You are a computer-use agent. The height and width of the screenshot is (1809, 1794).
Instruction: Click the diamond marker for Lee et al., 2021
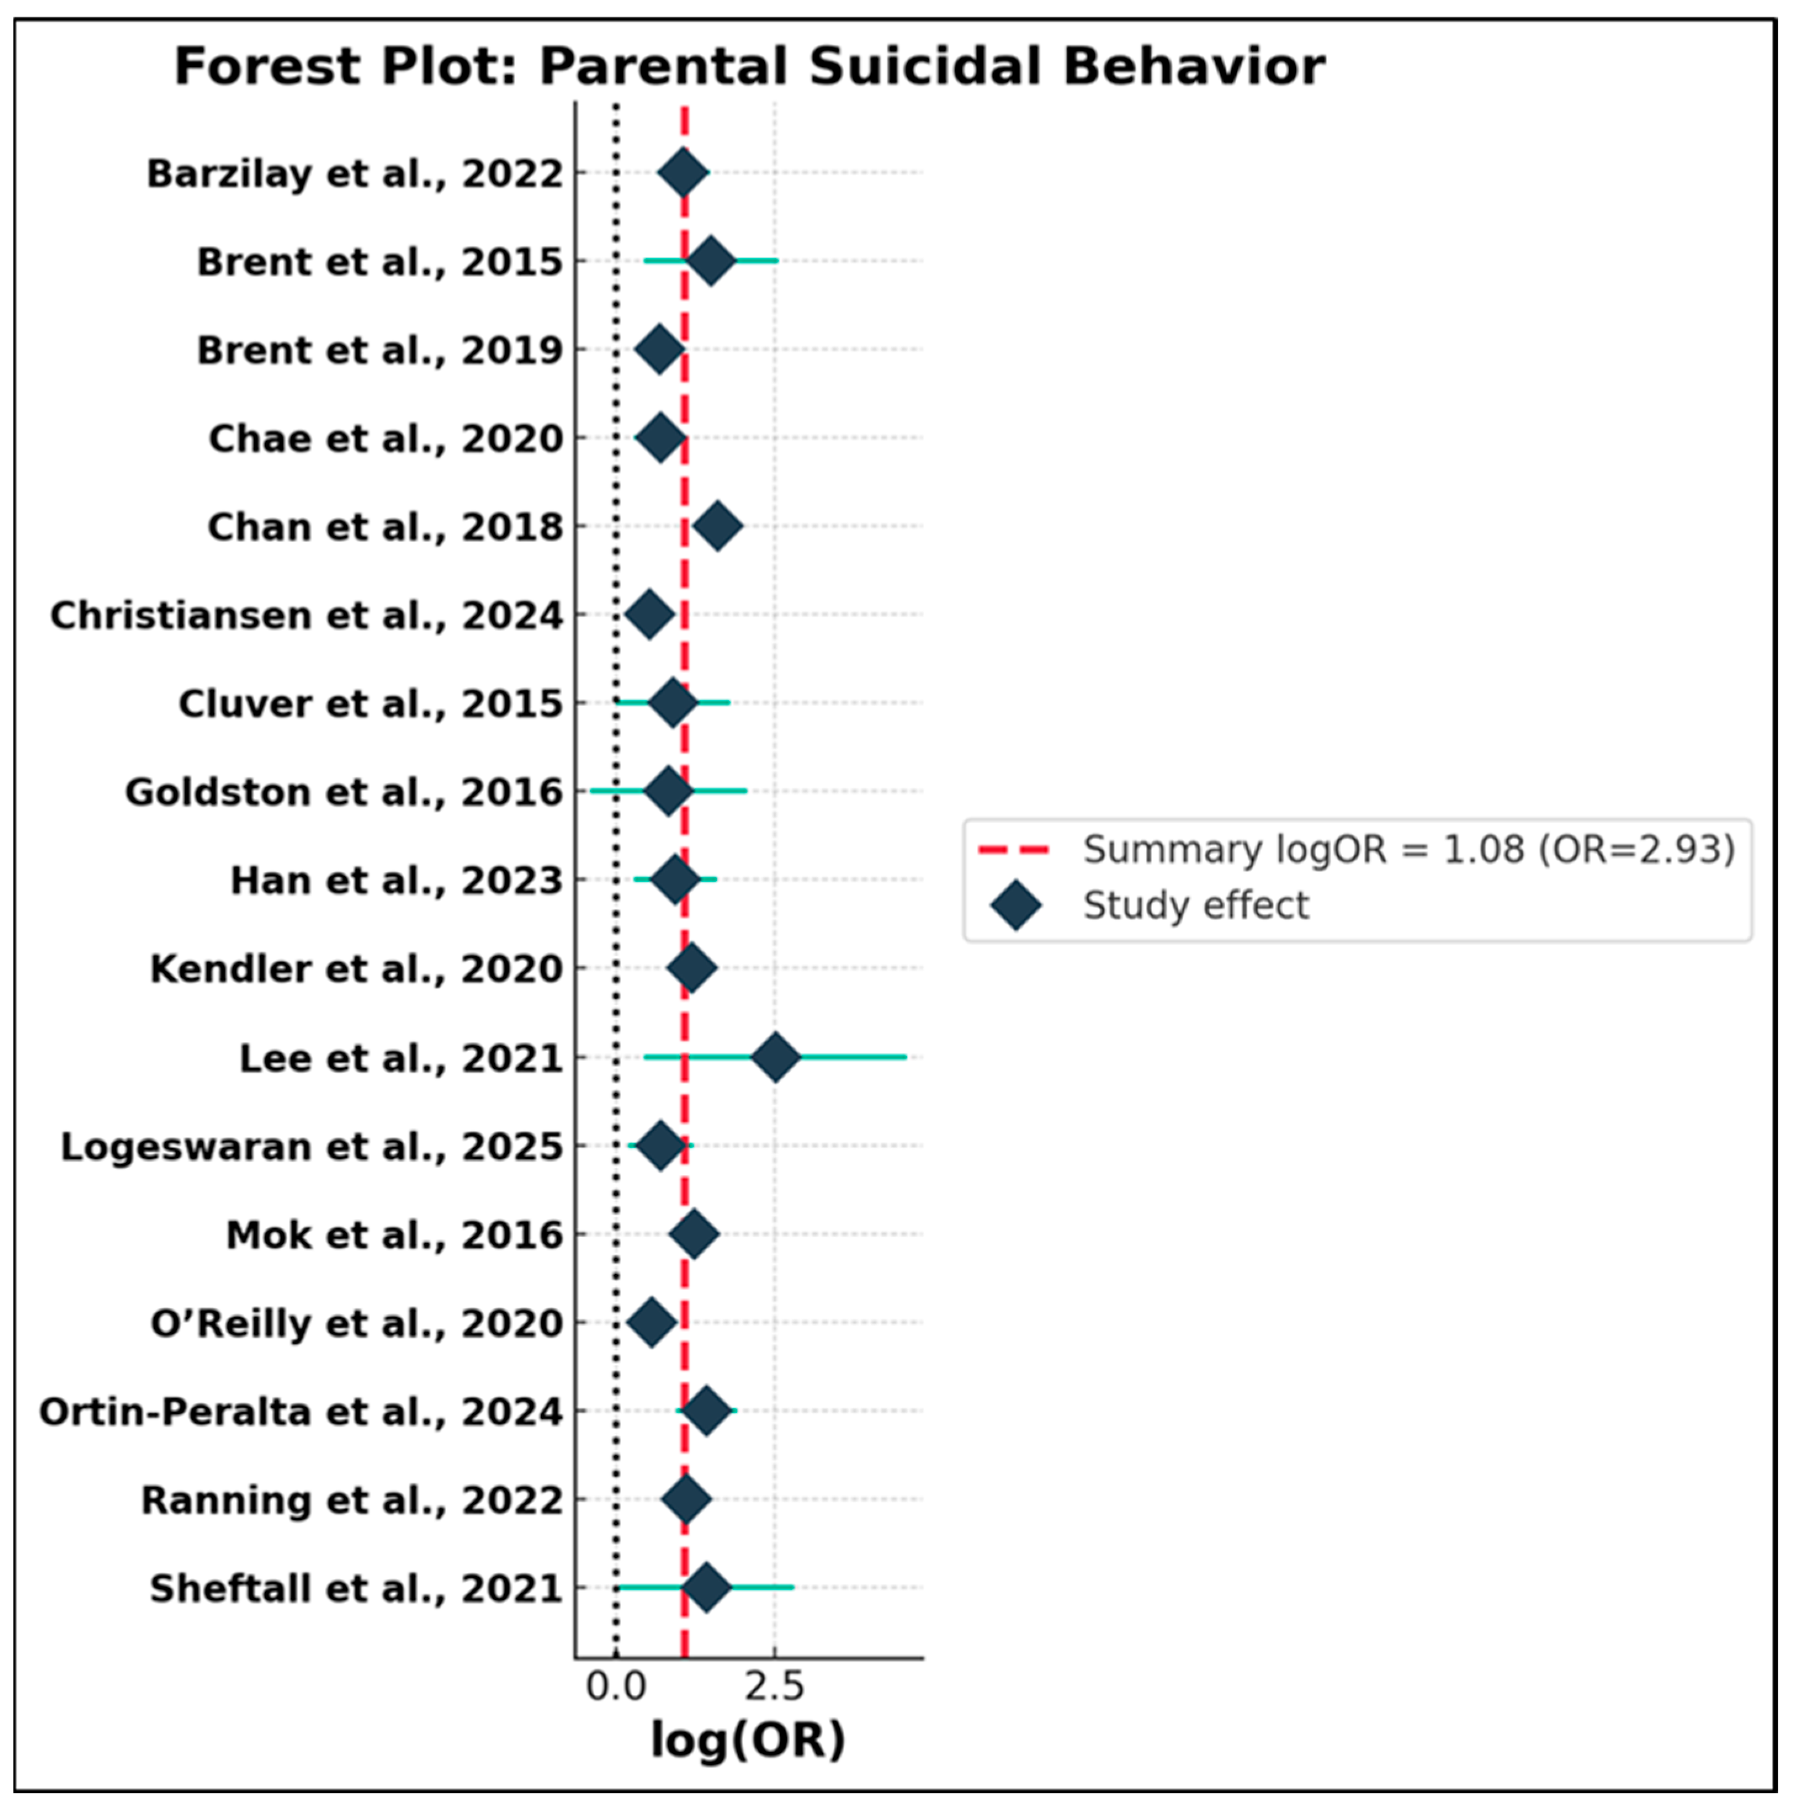(775, 1057)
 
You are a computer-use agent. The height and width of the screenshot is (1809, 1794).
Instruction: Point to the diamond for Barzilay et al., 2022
(683, 172)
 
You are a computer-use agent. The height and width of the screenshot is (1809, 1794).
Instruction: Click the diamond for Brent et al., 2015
(712, 261)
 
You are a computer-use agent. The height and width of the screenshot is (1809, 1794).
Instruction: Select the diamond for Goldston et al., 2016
(668, 791)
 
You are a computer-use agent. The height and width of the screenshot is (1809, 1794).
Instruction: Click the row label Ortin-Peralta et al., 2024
(301, 1412)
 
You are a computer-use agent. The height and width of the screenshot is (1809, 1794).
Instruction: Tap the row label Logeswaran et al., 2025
(312, 1147)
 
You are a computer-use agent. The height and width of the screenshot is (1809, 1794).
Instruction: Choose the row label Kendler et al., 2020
(357, 969)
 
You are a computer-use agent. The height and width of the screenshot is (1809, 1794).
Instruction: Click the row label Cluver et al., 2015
(371, 704)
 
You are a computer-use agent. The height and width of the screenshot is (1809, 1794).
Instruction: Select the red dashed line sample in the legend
(1014, 850)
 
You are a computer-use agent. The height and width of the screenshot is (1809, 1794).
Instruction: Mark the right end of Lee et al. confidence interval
(906, 1057)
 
